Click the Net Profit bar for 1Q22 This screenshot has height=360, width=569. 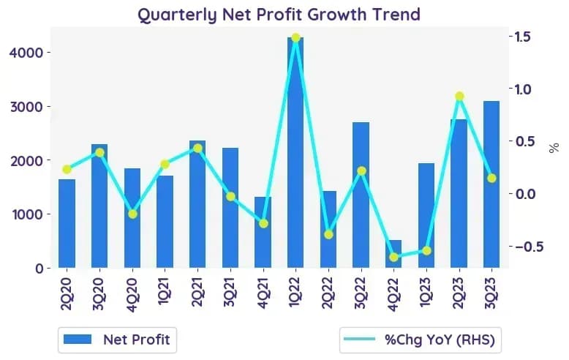coord(295,152)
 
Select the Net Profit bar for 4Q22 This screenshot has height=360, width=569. coord(393,254)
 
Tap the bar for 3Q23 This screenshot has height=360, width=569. coord(491,184)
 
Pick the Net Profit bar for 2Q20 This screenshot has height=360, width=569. coord(67,224)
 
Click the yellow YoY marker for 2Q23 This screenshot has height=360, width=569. coord(459,96)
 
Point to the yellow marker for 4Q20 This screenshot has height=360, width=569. coord(132,214)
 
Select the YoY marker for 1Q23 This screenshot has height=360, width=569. coord(426,250)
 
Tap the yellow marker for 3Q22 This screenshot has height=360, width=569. coord(361,170)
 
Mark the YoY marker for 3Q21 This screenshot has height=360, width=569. coord(230,196)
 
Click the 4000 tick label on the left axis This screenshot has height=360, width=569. coord(26,53)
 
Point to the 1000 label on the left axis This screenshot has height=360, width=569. coord(27,214)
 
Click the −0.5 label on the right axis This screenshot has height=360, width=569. coord(530,247)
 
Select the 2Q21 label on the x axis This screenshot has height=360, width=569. coord(197,293)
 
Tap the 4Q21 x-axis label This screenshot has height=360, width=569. coord(263,293)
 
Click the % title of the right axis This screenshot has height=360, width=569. coord(554,148)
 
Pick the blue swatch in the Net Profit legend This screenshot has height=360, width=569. coord(78,340)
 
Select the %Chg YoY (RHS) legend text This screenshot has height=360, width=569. coord(440,340)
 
